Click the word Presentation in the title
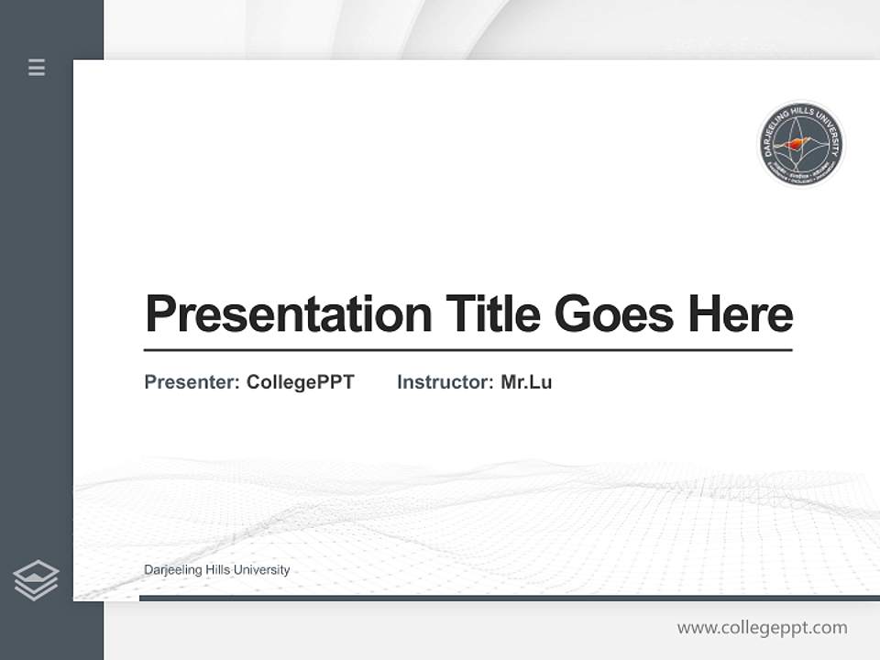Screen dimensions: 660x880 click(x=288, y=314)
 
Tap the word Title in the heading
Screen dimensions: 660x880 click(x=493, y=314)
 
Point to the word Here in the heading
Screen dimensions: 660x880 click(x=740, y=314)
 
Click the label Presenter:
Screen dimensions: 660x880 click(x=192, y=382)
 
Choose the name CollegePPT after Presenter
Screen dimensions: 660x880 click(x=300, y=382)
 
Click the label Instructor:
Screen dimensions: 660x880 click(x=445, y=382)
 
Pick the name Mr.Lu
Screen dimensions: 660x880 click(x=526, y=382)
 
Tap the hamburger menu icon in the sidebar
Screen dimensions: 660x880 click(x=37, y=67)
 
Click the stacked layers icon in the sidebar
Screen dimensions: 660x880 click(x=36, y=580)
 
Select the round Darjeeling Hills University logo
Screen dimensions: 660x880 click(x=801, y=144)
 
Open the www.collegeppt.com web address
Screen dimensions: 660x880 click(x=762, y=628)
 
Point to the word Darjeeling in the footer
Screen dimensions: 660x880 click(x=173, y=570)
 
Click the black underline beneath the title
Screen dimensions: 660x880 click(x=467, y=349)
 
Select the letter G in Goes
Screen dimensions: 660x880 click(x=572, y=314)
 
